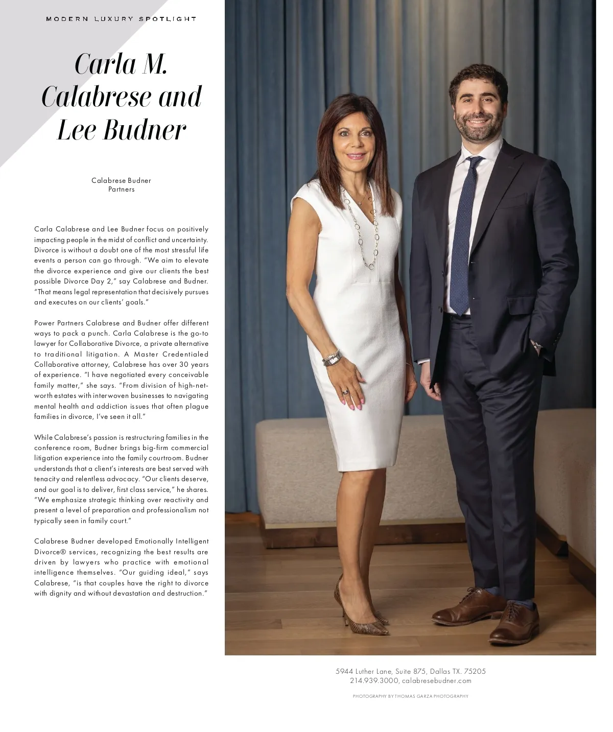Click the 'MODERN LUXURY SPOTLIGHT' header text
pyautogui.click(x=121, y=19)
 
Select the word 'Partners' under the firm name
pyautogui.click(x=121, y=190)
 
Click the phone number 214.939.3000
pyautogui.click(x=373, y=681)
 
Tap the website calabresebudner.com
pyautogui.click(x=436, y=681)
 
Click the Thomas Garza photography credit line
pyautogui.click(x=410, y=696)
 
